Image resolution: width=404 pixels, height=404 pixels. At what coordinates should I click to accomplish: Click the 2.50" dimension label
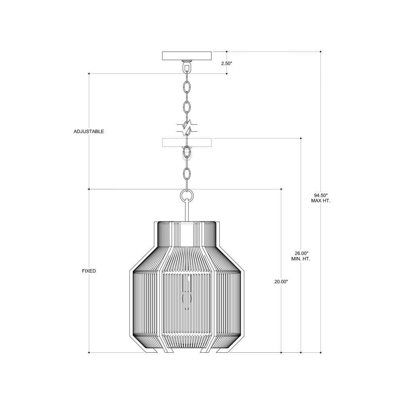227,63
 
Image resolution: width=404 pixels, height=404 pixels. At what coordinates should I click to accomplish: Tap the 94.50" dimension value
320,195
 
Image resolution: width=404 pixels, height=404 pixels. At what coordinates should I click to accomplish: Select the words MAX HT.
320,201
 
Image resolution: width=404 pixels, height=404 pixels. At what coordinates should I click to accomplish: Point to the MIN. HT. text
301,259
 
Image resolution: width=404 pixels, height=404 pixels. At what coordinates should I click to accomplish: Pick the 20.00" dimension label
281,282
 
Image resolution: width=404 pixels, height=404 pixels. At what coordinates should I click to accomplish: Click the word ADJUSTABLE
88,131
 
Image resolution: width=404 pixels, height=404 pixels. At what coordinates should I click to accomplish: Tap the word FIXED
89,271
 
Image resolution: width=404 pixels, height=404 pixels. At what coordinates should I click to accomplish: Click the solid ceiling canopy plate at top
187,56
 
